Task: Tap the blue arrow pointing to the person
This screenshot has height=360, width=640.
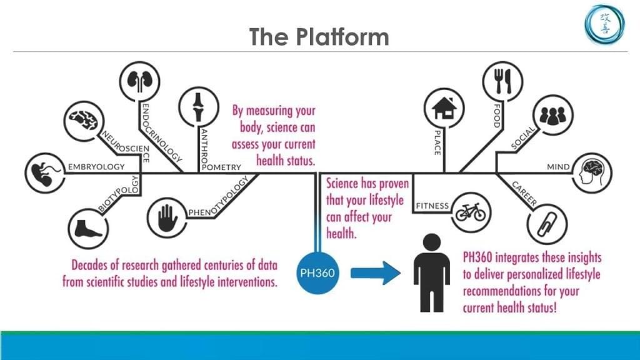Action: point(376,272)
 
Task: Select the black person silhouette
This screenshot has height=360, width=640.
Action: point(431,272)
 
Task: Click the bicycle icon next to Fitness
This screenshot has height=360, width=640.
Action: point(470,211)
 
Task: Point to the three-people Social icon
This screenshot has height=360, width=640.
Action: point(551,115)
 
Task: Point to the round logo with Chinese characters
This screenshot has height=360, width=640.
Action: point(601,24)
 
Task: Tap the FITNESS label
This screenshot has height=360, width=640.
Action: point(432,205)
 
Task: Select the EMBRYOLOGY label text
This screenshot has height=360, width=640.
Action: point(96,167)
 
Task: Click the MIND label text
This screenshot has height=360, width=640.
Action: point(558,167)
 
